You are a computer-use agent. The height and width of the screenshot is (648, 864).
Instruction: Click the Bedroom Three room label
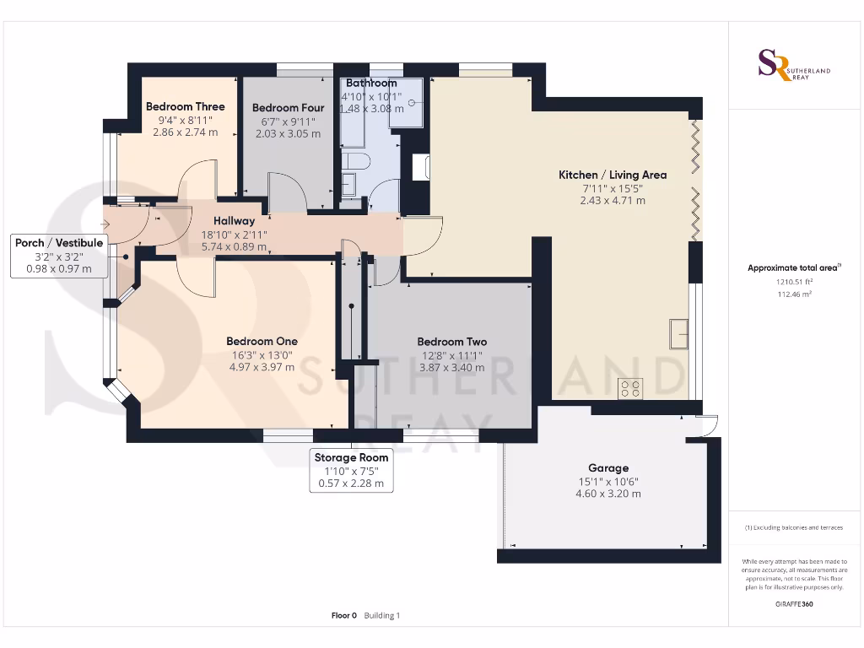click(x=185, y=107)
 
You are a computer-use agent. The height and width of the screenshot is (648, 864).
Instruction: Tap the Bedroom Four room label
click(x=288, y=108)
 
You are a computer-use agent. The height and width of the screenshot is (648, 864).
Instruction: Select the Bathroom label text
click(x=371, y=84)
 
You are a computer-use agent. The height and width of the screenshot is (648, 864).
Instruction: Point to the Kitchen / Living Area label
click(x=613, y=175)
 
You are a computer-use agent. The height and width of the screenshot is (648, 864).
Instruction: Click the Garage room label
click(x=608, y=468)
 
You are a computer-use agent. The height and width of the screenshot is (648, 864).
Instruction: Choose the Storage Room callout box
click(x=350, y=471)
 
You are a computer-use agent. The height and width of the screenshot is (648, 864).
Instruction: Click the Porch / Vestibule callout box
click(x=59, y=256)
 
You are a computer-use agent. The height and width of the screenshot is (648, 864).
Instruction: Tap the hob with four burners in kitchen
click(x=630, y=388)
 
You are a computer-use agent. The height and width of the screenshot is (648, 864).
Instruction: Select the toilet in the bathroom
click(x=353, y=161)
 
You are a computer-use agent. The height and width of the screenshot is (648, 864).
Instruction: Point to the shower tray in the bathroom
click(x=406, y=103)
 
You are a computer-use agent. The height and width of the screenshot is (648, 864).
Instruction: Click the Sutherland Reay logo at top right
click(x=794, y=65)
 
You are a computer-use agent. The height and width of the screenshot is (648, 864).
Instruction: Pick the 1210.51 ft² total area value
click(x=794, y=283)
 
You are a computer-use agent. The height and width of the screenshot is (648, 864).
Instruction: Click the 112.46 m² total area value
click(x=794, y=295)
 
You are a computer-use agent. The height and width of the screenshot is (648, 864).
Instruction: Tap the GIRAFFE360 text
click(x=794, y=604)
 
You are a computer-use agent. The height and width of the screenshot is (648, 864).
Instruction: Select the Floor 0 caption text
click(x=344, y=616)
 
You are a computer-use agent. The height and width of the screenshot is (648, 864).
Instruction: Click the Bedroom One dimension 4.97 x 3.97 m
click(x=262, y=367)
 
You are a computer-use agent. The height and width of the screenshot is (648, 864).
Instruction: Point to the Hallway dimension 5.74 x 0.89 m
click(x=234, y=248)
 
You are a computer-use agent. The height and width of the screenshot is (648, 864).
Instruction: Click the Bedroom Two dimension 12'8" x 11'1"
click(x=451, y=355)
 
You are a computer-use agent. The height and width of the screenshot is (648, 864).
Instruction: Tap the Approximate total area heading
click(x=792, y=268)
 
